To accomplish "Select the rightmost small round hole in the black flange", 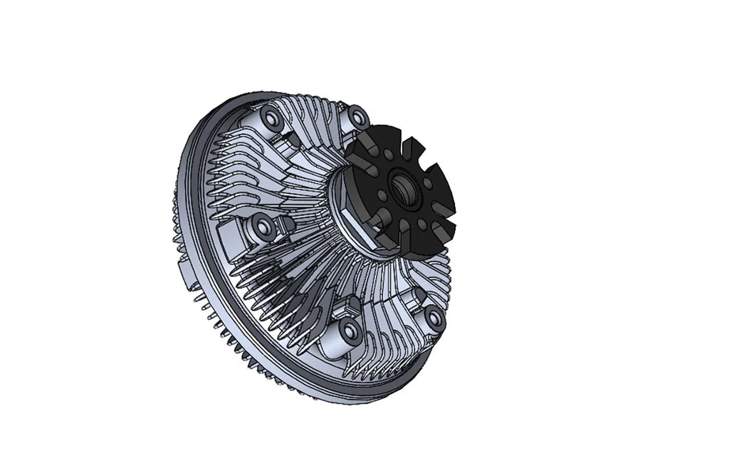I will (428, 184).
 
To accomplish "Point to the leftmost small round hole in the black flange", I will (382, 195).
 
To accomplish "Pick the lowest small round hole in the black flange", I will (422, 224).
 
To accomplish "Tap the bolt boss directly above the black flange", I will (358, 116).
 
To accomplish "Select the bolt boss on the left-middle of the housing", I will (264, 227).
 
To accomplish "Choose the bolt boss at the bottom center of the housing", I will (350, 330).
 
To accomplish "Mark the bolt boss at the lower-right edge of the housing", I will (434, 316).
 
